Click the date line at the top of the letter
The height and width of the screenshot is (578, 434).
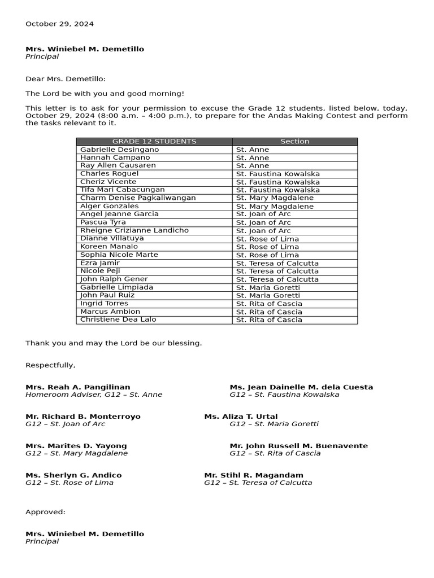coord(59,24)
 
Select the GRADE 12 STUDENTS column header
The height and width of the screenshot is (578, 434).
coord(154,142)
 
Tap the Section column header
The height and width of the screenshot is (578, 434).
coord(294,142)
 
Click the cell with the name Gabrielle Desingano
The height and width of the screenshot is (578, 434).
coord(120,150)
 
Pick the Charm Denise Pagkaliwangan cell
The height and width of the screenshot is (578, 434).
coord(138,198)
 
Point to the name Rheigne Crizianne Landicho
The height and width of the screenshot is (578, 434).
coord(134,230)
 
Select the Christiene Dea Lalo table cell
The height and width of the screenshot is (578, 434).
coord(118,319)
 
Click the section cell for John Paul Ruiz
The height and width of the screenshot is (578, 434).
coord(268,295)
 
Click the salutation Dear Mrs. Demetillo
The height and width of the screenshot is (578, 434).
coord(66,79)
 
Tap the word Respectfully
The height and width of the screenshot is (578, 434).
coord(50,365)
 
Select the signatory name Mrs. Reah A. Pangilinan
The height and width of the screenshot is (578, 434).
coord(77,387)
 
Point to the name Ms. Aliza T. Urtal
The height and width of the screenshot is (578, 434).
coord(241,417)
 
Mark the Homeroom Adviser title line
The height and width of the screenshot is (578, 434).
coord(94,395)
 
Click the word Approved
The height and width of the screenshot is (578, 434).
coord(45,512)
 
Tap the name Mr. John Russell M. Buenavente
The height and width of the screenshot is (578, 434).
coord(298,446)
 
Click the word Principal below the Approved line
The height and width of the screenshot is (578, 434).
coord(42,541)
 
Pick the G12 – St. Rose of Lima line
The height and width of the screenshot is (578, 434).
coord(69,483)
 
